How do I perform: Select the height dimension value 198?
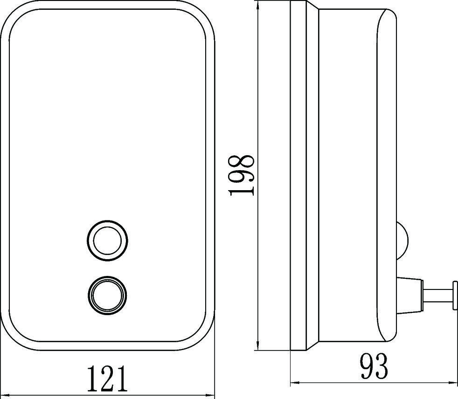[x=242, y=176]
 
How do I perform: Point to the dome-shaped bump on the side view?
[x=402, y=241]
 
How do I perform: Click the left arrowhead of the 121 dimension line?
[x=4, y=395]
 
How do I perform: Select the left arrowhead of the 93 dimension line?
[x=294, y=384]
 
